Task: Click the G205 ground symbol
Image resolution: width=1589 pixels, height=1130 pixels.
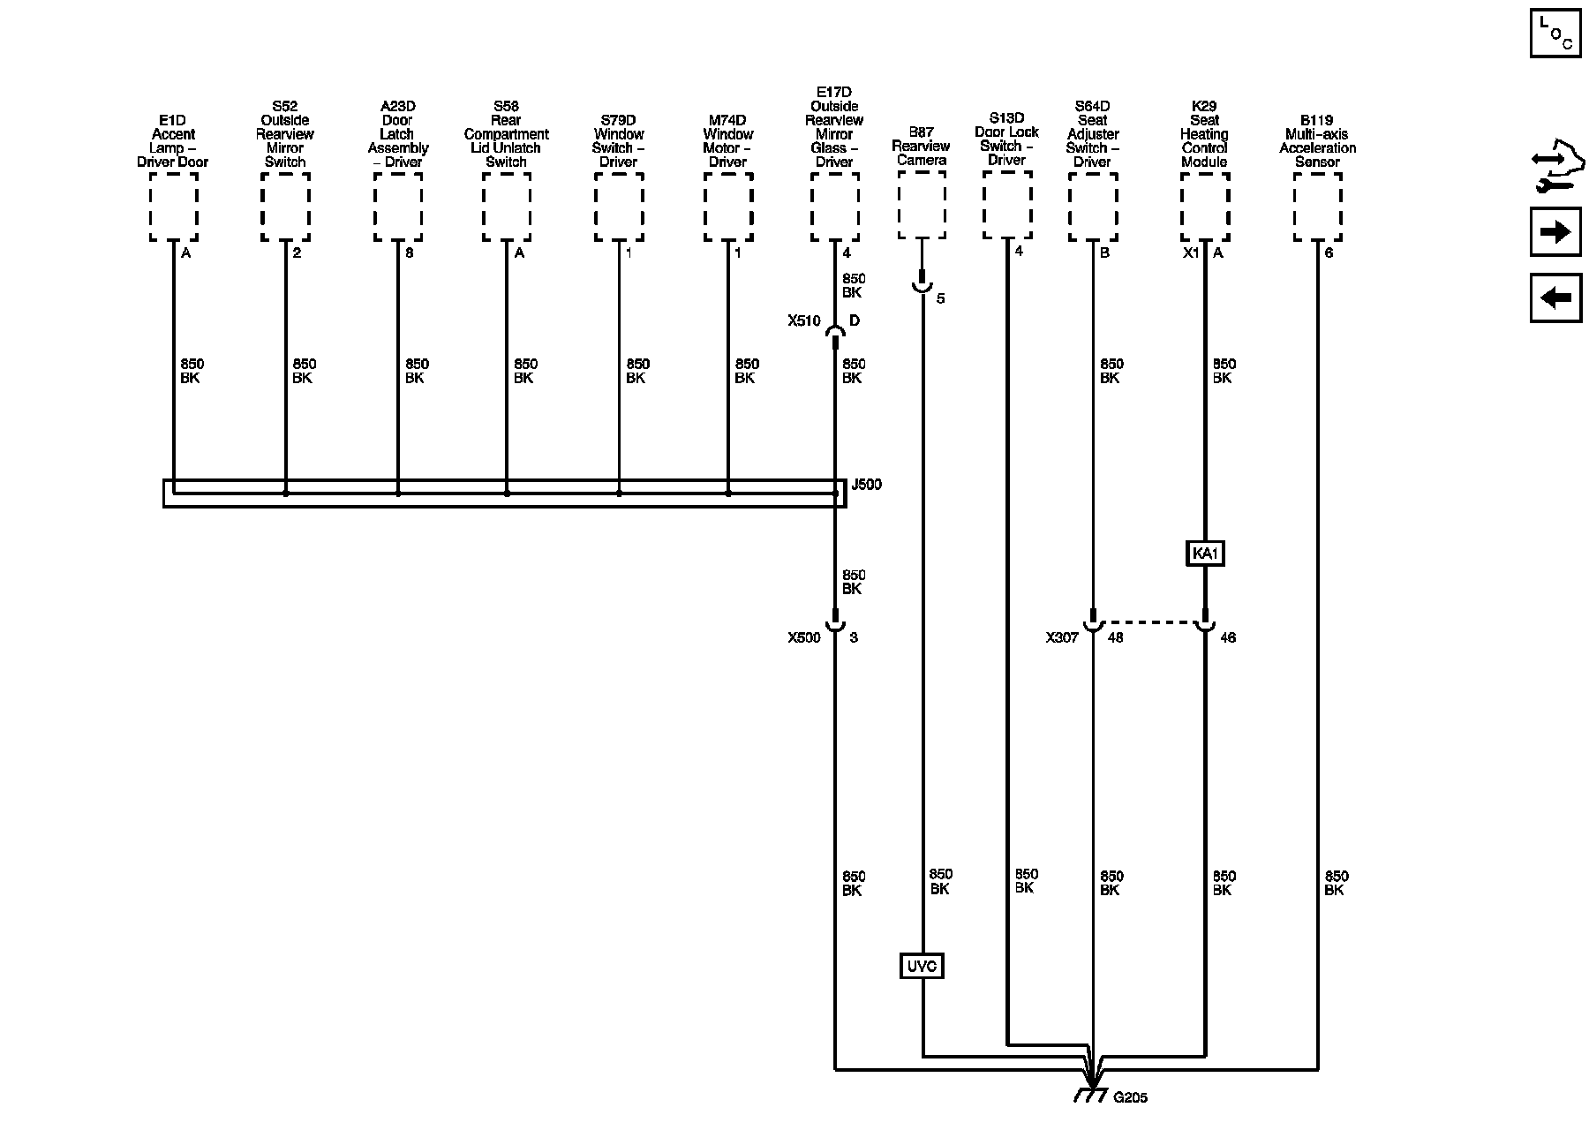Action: coord(1092,1092)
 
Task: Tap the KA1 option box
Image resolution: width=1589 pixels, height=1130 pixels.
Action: coord(1205,554)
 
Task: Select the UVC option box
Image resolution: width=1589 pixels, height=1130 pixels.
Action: coord(922,967)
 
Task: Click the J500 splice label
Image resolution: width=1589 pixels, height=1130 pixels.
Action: coord(865,485)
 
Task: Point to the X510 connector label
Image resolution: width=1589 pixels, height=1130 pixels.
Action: coord(804,321)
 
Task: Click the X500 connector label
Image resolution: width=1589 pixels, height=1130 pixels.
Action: coord(804,637)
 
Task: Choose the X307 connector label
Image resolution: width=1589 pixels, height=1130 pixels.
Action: coord(1062,637)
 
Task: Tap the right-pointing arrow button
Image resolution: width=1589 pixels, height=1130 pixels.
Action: coord(1555,232)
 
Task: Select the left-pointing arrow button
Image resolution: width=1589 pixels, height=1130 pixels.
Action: coord(1555,298)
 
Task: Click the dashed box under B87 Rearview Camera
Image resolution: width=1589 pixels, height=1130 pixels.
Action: coord(922,205)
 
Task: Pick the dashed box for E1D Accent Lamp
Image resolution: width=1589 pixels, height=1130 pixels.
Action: coord(173,207)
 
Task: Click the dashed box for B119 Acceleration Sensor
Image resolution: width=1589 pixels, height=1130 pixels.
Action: coord(1317,207)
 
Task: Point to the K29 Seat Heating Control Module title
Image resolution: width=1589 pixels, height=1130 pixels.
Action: coord(1204,134)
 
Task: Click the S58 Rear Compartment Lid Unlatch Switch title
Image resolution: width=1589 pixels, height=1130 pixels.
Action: coord(506,134)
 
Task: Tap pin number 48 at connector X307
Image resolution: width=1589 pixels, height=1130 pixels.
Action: coord(1115,637)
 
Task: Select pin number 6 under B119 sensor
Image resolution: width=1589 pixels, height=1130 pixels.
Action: coord(1329,252)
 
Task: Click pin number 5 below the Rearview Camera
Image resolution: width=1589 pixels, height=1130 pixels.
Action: coord(940,299)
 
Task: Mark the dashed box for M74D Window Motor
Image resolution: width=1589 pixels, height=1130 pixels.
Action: coord(728,207)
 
